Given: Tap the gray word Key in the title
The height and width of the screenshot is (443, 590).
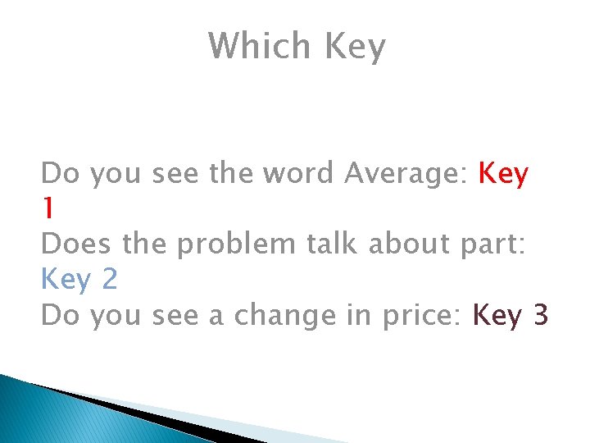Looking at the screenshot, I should click(x=354, y=48).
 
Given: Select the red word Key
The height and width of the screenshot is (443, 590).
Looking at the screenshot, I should click(x=504, y=175).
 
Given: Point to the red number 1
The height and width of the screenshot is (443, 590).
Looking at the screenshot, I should click(x=48, y=209).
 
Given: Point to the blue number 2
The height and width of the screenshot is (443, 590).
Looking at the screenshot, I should click(x=110, y=280).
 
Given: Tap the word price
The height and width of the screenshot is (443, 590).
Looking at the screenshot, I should click(x=419, y=316).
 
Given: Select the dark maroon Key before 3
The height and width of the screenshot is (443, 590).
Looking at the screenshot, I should click(x=499, y=316).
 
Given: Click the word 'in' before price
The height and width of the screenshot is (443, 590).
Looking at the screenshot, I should click(x=352, y=315).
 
